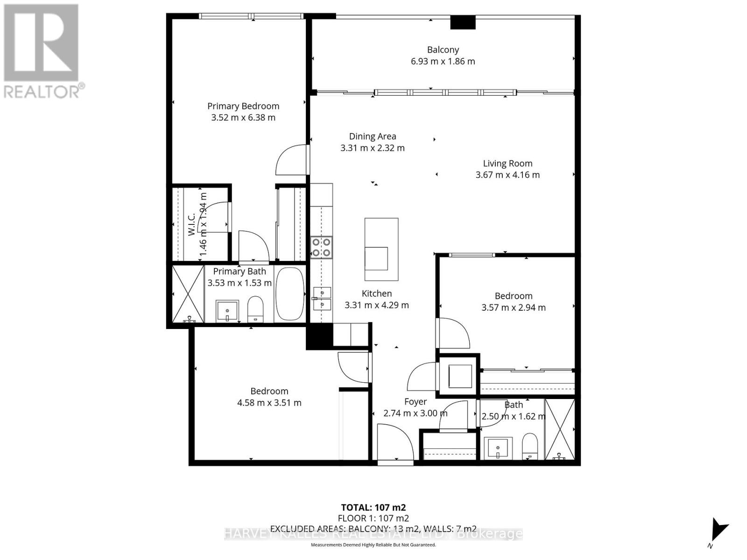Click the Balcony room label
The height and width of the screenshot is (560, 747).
point(443,49)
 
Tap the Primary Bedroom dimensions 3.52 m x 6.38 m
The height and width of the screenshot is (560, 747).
point(243,118)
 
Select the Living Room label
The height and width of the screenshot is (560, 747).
point(507,163)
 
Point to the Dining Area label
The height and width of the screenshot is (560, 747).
point(373,136)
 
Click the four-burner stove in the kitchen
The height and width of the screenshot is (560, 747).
point(321,247)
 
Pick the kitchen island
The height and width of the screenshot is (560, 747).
point(381,249)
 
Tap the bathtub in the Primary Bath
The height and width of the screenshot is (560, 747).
point(290,294)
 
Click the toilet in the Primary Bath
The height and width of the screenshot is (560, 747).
point(255,308)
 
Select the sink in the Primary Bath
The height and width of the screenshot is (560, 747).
point(227,311)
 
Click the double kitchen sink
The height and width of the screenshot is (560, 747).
point(322,299)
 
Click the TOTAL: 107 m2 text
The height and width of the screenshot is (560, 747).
point(373,507)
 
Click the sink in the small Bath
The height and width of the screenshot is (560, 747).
point(498,448)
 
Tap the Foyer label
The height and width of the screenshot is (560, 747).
point(415,402)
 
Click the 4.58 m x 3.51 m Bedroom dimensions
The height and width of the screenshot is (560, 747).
point(269,403)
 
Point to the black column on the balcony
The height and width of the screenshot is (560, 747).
point(463,22)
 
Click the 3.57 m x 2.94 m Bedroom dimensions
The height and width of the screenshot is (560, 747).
point(513,308)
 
